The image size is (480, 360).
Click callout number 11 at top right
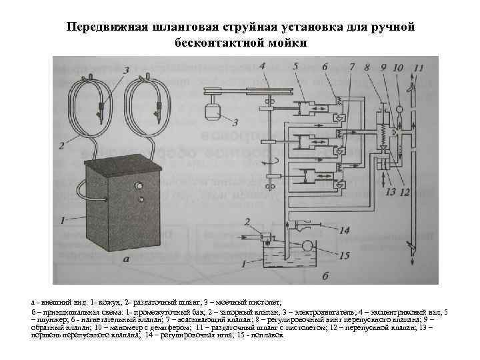click(x=419, y=67)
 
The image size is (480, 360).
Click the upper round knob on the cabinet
click(x=140, y=185)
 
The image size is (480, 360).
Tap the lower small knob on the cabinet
click(x=140, y=199)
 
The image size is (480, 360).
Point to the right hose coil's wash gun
click(x=159, y=107)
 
